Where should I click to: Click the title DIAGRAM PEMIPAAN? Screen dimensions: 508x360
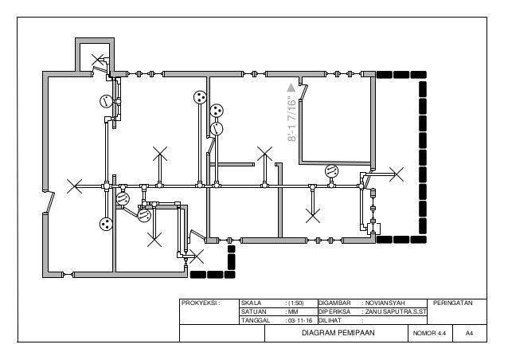pyautogui.click(x=338, y=333)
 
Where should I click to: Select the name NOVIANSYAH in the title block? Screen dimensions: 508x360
pyautogui.click(x=385, y=303)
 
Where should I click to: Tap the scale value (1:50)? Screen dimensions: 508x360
pyautogui.click(x=295, y=303)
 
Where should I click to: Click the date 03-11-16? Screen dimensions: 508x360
pyautogui.click(x=300, y=320)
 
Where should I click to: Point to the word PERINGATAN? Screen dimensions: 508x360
pyautogui.click(x=452, y=303)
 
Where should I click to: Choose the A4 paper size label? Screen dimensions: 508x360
pyautogui.click(x=469, y=333)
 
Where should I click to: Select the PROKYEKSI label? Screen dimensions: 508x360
pyautogui.click(x=201, y=303)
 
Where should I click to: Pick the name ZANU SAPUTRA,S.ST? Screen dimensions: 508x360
pyautogui.click(x=396, y=311)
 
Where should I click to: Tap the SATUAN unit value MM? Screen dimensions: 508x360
pyautogui.click(x=293, y=311)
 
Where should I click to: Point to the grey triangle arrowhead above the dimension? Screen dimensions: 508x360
pyautogui.click(x=291, y=88)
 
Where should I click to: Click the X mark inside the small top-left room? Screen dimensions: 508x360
pyautogui.click(x=97, y=60)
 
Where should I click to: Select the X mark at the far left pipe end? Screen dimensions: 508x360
pyautogui.click(x=74, y=186)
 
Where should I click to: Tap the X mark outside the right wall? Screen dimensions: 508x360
pyautogui.click(x=397, y=174)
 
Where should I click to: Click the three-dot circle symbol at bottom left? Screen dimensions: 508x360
pyautogui.click(x=106, y=224)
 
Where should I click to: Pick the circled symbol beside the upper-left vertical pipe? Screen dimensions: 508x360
pyautogui.click(x=106, y=101)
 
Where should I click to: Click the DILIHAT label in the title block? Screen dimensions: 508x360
pyautogui.click(x=330, y=320)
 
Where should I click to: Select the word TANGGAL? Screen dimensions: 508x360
pyautogui.click(x=256, y=320)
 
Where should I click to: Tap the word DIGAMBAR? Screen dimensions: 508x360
pyautogui.click(x=334, y=303)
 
